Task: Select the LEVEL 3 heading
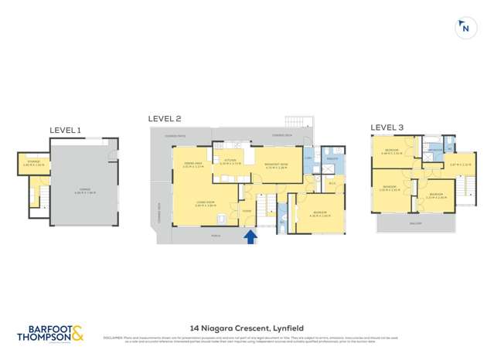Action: tap(387, 127)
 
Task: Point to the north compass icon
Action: tap(465, 29)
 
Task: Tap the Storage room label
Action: tap(34, 163)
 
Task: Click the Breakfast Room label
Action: tap(277, 164)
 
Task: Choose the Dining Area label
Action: tap(193, 164)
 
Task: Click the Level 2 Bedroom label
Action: tap(319, 214)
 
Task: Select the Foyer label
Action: tap(248, 210)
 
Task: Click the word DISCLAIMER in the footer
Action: tap(114, 337)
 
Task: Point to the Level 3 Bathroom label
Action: tap(436, 149)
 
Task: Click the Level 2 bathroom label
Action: tap(332, 158)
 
